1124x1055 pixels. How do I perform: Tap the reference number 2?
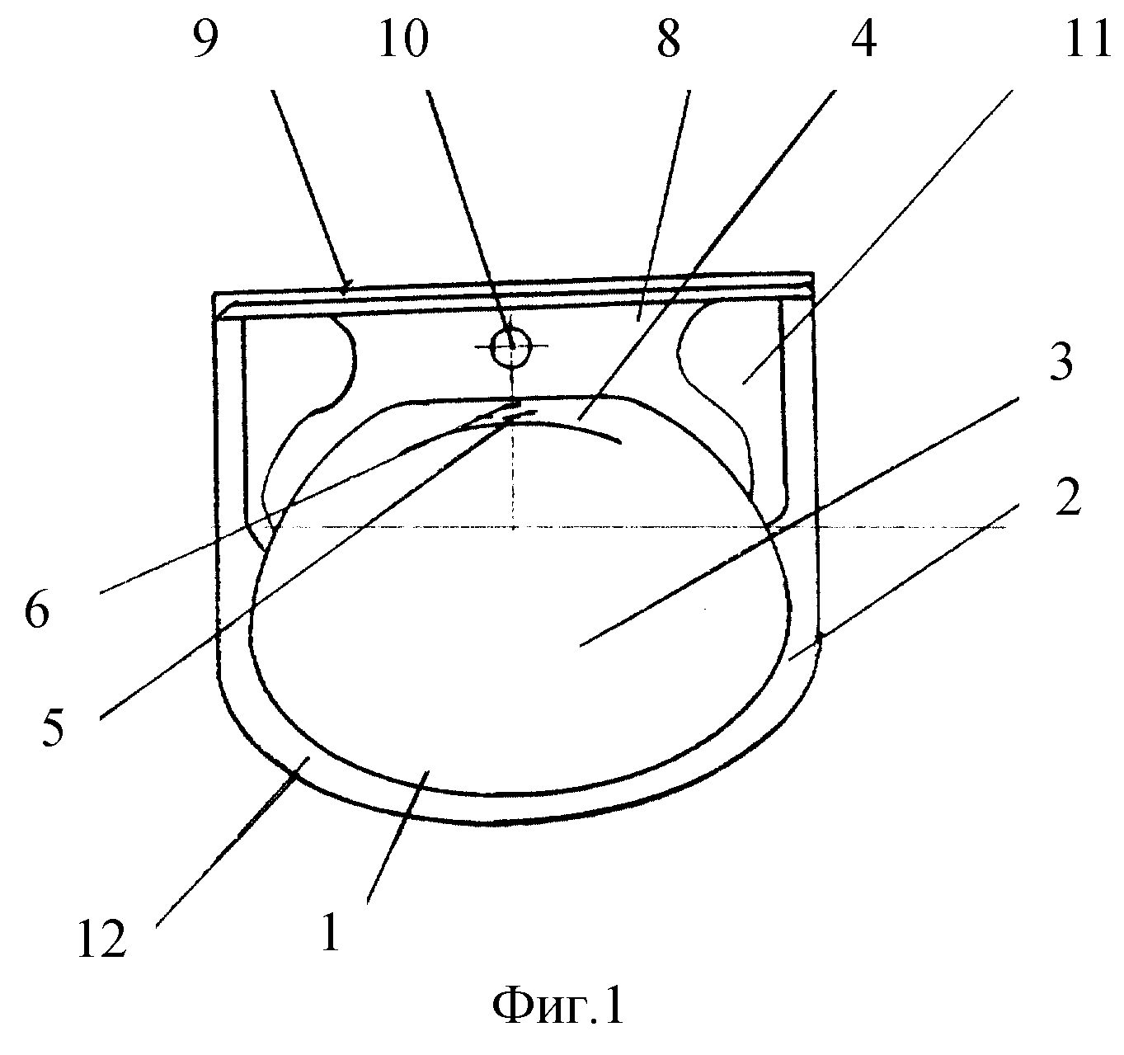tap(1068, 496)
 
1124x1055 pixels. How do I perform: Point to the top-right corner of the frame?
tap(813, 274)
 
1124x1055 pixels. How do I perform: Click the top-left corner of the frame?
tap(214, 294)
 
